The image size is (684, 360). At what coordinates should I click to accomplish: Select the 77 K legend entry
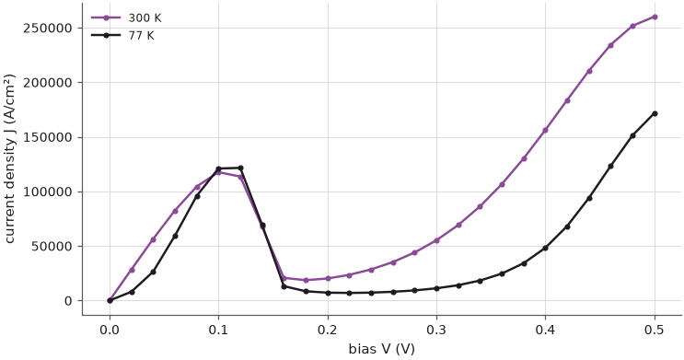[x=122, y=35]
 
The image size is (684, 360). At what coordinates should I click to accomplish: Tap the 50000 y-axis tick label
[x=52, y=246]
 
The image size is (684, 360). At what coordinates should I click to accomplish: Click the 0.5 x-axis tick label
[x=655, y=330]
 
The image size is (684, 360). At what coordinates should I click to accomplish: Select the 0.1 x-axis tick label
[x=218, y=330]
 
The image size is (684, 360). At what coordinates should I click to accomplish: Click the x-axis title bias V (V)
[x=382, y=349]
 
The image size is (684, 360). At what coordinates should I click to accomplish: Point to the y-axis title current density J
[x=9, y=159]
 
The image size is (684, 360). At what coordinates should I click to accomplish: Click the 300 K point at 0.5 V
[x=655, y=17]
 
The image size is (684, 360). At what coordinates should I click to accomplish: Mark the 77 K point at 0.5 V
[x=655, y=113]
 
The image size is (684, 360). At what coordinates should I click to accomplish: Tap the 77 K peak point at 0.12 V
[x=240, y=168]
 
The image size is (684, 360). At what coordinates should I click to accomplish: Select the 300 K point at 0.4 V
[x=545, y=130]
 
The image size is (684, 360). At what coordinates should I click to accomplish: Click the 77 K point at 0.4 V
[x=545, y=248]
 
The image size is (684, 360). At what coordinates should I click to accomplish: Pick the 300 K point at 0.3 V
[x=436, y=240]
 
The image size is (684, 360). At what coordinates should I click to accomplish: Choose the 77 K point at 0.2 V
[x=328, y=293]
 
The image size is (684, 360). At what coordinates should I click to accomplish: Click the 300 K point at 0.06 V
[x=175, y=211]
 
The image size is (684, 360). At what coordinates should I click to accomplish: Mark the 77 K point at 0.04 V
[x=153, y=272]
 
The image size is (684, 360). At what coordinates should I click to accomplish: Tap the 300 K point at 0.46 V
[x=610, y=45]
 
